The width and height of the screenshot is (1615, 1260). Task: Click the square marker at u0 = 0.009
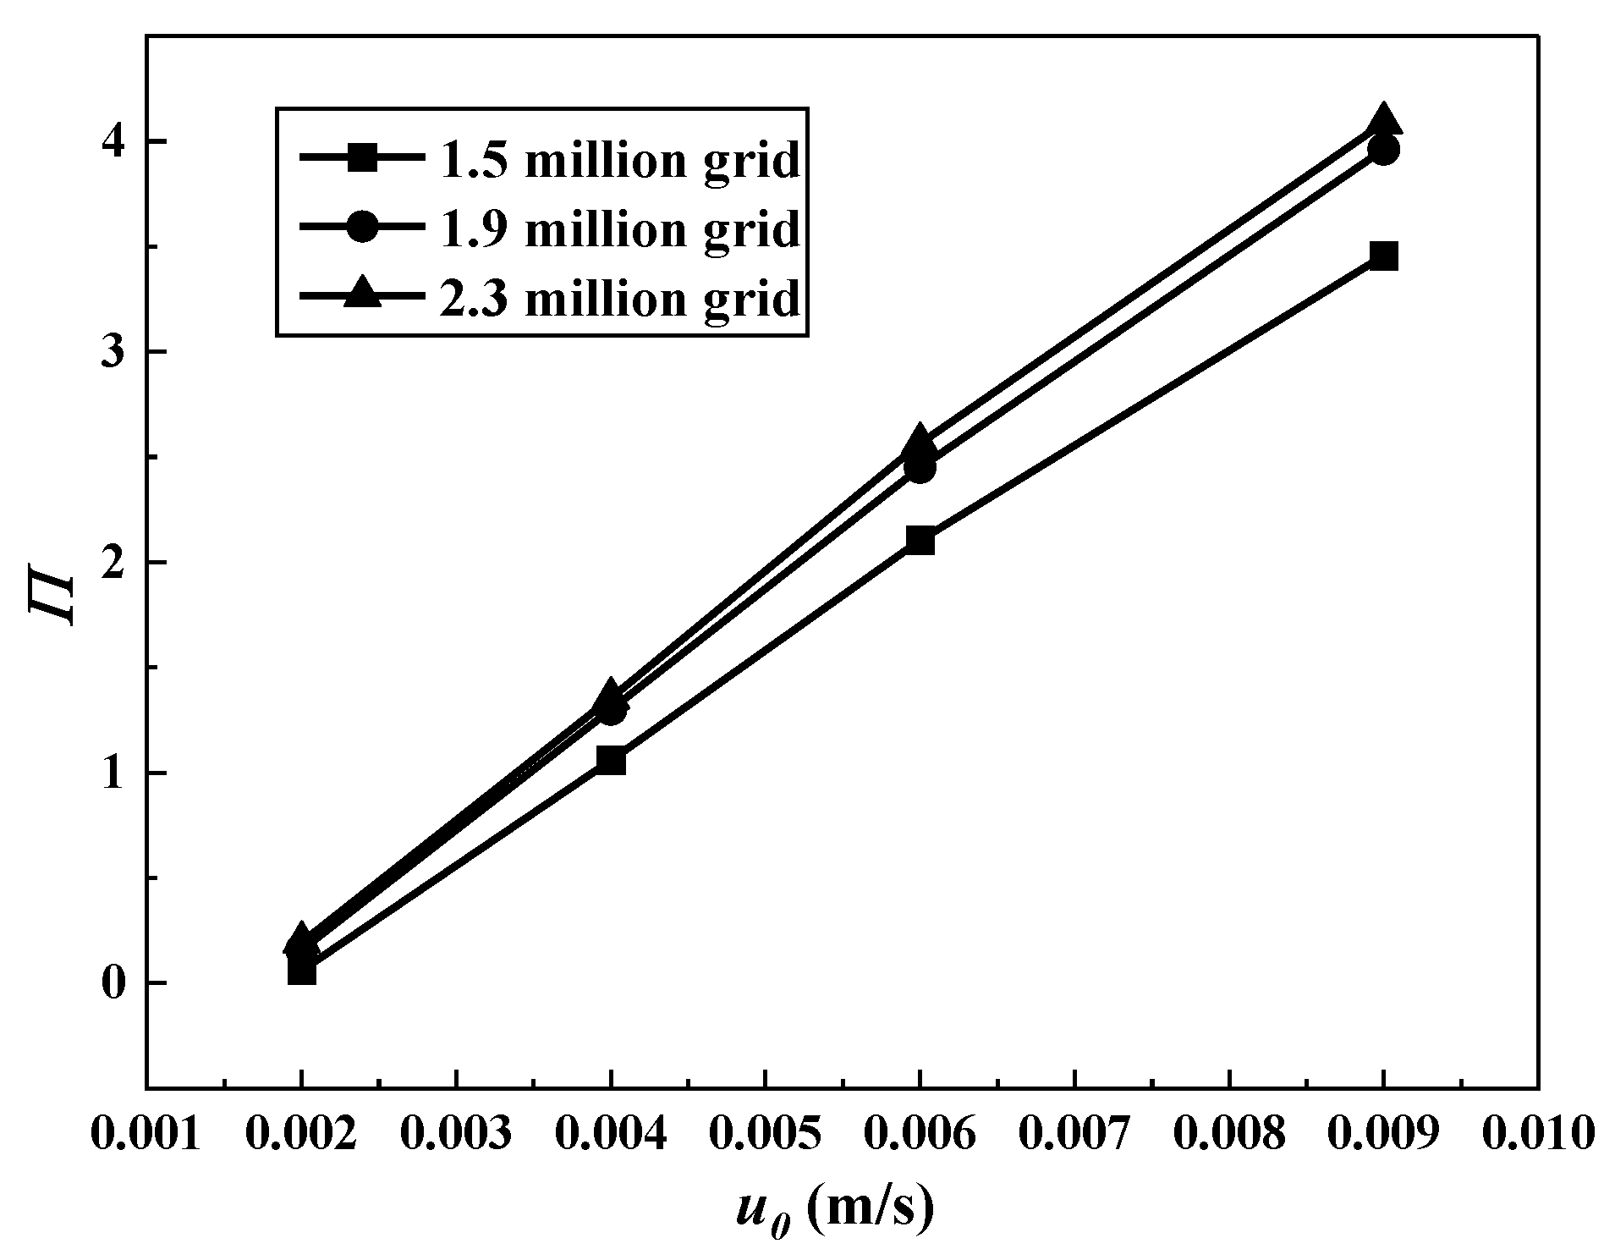pyautogui.click(x=1382, y=256)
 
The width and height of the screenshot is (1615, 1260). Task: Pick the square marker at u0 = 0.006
pyautogui.click(x=920, y=539)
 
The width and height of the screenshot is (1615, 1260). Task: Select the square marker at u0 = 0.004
pyautogui.click(x=610, y=761)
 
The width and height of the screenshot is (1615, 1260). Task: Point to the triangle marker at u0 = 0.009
pyautogui.click(x=1382, y=119)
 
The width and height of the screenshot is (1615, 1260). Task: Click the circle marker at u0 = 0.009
pyautogui.click(x=1383, y=151)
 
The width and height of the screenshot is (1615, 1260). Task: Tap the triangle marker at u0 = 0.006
pyautogui.click(x=920, y=441)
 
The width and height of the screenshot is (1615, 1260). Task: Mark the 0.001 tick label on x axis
pyautogui.click(x=146, y=1134)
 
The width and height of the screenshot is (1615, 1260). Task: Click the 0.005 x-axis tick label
pyautogui.click(x=765, y=1134)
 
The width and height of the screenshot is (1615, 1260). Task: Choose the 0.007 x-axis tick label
pyautogui.click(x=1074, y=1134)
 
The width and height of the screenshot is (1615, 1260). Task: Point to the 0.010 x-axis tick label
pyautogui.click(x=1537, y=1134)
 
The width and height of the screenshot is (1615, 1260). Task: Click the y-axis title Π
pyautogui.click(x=52, y=599)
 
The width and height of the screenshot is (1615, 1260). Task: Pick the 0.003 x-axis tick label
pyautogui.click(x=455, y=1134)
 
